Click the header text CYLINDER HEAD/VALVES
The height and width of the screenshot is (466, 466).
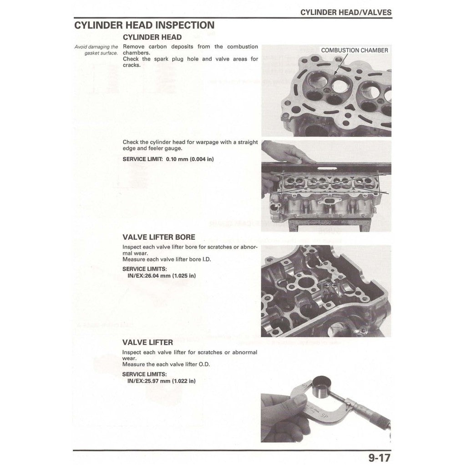345,12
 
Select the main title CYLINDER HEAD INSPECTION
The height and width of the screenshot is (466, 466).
144,25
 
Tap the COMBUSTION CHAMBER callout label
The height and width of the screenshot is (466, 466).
355,50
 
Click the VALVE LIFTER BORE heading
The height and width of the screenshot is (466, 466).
159,237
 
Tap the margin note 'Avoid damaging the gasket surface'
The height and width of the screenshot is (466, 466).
96,50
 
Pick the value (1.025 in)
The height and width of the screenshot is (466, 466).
184,276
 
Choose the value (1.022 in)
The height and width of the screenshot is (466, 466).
184,381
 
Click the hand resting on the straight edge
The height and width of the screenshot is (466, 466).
284,152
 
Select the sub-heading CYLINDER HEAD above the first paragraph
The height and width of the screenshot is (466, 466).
152,37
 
